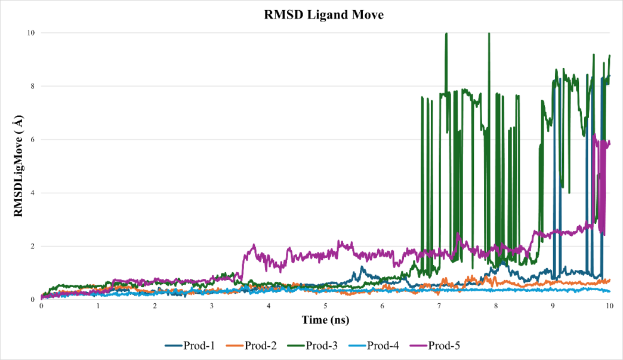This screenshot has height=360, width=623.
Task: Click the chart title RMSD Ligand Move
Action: click(324, 16)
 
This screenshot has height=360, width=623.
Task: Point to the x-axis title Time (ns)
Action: click(325, 321)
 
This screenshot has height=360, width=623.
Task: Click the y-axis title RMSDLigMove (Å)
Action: click(19, 165)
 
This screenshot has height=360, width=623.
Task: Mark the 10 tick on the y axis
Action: click(30, 33)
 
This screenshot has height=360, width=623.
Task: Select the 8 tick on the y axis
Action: click(32, 86)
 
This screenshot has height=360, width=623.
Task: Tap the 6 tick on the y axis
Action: click(32, 140)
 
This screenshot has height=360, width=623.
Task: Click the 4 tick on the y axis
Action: click(32, 193)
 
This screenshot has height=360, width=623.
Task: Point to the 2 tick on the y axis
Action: click(32, 246)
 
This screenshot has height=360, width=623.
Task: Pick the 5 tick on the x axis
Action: click(326, 306)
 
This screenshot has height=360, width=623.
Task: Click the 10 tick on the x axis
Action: click(610, 306)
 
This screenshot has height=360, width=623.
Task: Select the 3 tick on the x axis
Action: click(212, 306)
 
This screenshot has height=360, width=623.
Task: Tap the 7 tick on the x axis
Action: click(439, 306)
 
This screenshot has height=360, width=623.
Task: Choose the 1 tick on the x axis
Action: click(98, 306)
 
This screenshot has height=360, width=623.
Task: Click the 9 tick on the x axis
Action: click(553, 306)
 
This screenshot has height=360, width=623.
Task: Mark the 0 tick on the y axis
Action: click(32, 299)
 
